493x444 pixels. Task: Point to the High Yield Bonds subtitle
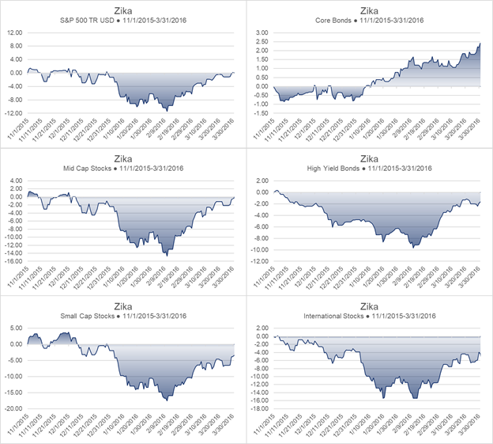coord(367,167)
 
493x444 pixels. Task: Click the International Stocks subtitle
coord(367,315)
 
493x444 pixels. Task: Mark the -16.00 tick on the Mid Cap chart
coord(13,260)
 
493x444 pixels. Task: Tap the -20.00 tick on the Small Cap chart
coord(13,408)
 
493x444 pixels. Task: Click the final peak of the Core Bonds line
coord(480,44)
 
